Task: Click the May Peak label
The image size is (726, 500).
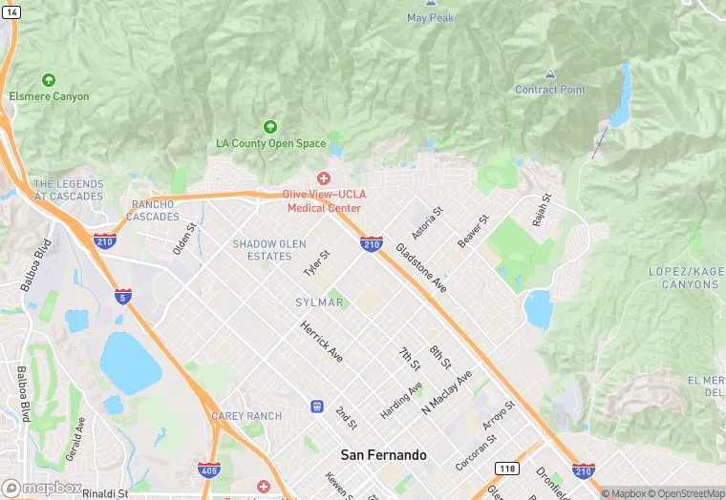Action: click(x=430, y=17)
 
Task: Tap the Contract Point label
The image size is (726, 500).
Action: click(x=550, y=90)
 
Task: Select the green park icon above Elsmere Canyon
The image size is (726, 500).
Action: click(x=49, y=80)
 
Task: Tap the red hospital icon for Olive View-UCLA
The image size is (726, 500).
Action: click(x=324, y=178)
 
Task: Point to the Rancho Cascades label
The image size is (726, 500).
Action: click(x=153, y=210)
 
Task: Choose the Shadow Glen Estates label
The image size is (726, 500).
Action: click(x=269, y=250)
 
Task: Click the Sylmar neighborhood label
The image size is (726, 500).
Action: click(x=319, y=302)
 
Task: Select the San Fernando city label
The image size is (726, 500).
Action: click(x=384, y=455)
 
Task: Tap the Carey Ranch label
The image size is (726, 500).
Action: click(x=246, y=416)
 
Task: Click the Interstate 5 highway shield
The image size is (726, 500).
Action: click(x=122, y=296)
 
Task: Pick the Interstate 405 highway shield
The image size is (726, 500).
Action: click(x=208, y=469)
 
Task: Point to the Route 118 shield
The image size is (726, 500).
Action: click(x=507, y=468)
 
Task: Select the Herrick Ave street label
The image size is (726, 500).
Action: click(x=321, y=341)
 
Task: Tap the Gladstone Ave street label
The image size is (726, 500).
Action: click(x=421, y=267)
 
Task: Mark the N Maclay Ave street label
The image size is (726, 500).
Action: click(x=447, y=391)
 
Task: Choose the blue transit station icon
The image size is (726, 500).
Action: click(x=317, y=406)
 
